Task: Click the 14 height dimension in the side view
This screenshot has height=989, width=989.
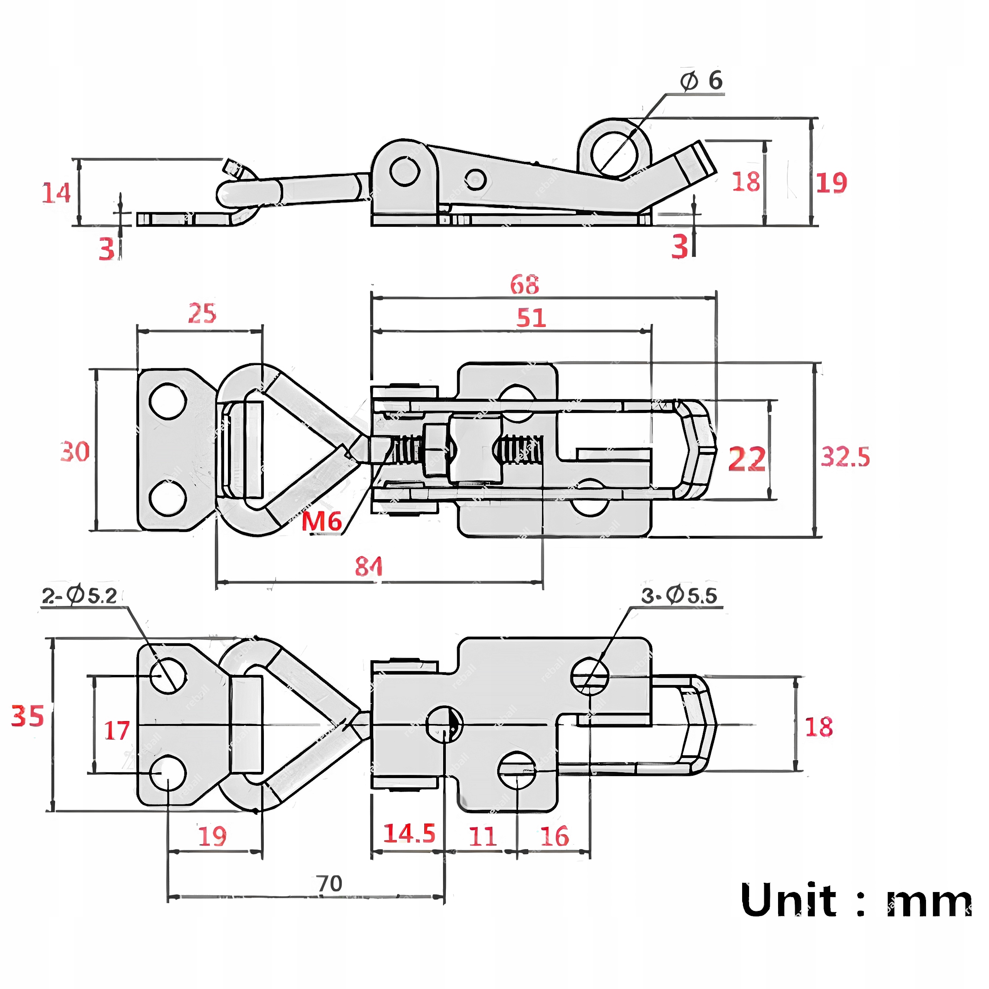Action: tap(56, 194)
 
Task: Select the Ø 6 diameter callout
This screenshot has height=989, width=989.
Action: tap(701, 81)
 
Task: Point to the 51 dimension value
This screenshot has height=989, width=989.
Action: tap(531, 318)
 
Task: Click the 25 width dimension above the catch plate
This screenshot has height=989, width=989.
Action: tap(202, 313)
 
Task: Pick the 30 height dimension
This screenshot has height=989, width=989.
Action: tap(75, 452)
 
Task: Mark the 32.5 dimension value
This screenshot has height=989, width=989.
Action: tap(845, 457)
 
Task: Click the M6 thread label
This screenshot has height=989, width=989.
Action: tap(321, 522)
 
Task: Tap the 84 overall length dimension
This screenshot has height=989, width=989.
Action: tap(369, 567)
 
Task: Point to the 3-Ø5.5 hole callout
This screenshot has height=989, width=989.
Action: tap(679, 596)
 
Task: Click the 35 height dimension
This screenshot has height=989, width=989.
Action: tap(28, 715)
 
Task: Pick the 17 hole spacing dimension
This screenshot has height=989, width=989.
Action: tap(117, 731)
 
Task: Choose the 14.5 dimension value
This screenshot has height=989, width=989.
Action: tap(409, 833)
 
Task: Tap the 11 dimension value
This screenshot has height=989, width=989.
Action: tap(482, 836)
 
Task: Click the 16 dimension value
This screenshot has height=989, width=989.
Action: tap(554, 836)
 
